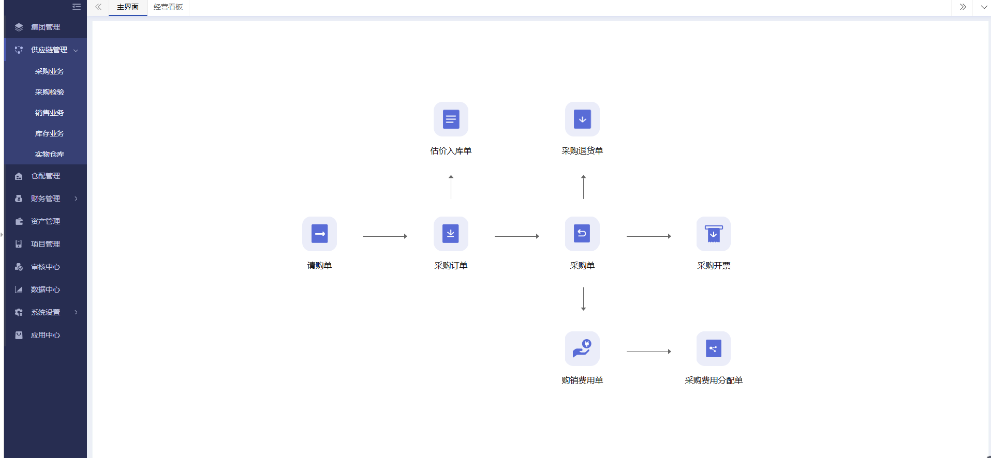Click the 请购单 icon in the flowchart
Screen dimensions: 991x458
coord(319,234)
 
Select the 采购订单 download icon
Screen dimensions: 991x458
coord(451,234)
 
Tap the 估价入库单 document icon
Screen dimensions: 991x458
coord(451,119)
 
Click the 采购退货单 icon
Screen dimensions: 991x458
coord(582,119)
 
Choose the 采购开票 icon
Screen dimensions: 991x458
coord(714,234)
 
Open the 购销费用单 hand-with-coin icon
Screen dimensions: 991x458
coord(582,348)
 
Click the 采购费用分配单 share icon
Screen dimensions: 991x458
coord(714,348)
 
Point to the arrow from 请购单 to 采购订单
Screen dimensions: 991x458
coord(385,236)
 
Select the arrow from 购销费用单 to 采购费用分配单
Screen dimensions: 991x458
coord(649,352)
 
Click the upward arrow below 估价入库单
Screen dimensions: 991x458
coord(451,187)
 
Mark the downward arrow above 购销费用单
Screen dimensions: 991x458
coord(583,299)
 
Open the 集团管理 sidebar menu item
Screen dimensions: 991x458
coord(46,27)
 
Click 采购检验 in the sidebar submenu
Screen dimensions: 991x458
coord(50,92)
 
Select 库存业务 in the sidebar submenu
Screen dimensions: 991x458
coord(50,133)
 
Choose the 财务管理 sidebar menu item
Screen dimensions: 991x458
coord(46,199)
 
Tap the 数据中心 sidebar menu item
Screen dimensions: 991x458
coord(46,289)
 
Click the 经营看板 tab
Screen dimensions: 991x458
coord(168,7)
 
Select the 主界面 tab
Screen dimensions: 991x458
coord(128,7)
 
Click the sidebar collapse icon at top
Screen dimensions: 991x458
coord(77,7)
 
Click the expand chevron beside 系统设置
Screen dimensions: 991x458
coord(76,312)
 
